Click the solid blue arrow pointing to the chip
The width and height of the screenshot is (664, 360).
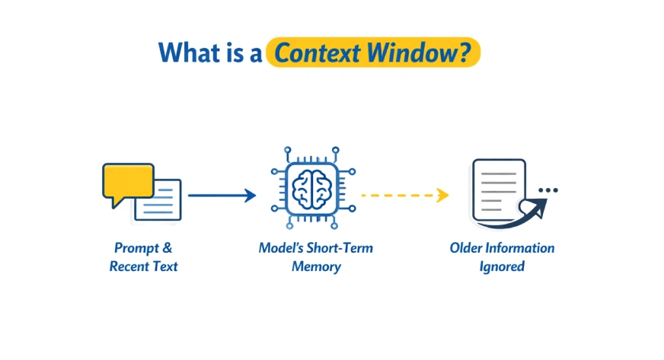(x=222, y=196)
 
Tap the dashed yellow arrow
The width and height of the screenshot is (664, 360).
(x=404, y=196)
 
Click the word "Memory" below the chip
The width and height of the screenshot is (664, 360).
(x=315, y=266)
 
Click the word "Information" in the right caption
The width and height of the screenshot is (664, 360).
(x=522, y=248)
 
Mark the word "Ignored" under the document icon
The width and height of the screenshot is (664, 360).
(x=502, y=266)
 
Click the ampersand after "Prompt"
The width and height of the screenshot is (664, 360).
(x=168, y=248)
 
